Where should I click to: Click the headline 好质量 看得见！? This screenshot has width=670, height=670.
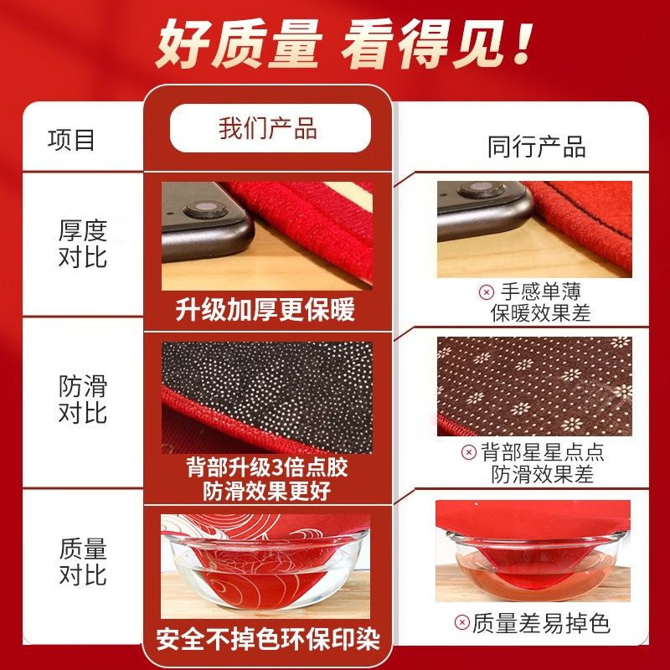click(343, 44)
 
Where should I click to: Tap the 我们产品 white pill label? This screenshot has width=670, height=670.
click(269, 129)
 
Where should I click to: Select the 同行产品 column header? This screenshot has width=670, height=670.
click(537, 147)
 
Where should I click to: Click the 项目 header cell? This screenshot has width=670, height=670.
click(71, 139)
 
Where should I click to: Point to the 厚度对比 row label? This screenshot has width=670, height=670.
click(83, 243)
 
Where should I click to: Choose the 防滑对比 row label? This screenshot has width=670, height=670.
click(83, 399)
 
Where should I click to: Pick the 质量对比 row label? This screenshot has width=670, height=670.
click(83, 562)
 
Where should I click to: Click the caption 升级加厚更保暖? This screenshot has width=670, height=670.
click(265, 310)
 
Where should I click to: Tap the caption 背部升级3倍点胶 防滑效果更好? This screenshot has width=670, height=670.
click(266, 478)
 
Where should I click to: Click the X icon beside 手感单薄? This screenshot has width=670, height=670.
click(486, 292)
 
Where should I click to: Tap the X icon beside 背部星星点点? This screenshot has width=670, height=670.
click(469, 453)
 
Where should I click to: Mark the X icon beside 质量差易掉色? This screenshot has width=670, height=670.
click(461, 622)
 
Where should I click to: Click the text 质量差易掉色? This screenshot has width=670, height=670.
click(541, 622)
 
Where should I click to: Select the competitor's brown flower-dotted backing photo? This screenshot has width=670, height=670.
click(534, 386)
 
